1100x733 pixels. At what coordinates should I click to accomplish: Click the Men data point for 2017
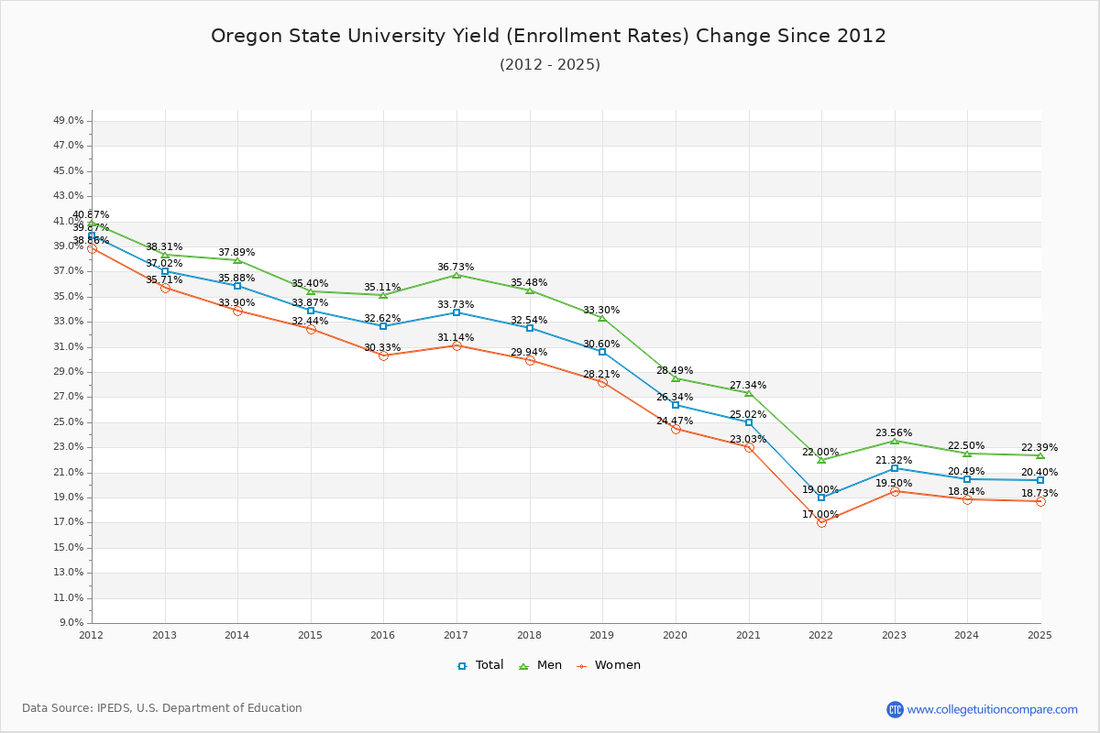[456, 275]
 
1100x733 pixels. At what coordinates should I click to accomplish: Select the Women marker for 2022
[821, 522]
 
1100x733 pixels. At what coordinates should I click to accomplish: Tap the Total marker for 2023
[895, 468]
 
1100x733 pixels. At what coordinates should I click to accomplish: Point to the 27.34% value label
[748, 386]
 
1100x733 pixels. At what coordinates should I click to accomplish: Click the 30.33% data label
[382, 348]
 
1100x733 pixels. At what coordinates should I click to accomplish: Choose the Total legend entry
[481, 665]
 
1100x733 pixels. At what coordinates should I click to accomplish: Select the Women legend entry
[609, 665]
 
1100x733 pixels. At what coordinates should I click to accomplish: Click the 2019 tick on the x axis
[602, 635]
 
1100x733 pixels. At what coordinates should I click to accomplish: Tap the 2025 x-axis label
[1039, 635]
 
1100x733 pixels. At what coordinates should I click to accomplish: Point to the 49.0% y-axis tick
[70, 121]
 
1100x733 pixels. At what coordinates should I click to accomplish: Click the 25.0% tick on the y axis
[70, 422]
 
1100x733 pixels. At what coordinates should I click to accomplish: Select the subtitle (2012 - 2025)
[550, 65]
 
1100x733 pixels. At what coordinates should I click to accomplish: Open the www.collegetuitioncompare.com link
[993, 709]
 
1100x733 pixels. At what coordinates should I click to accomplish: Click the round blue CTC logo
[895, 709]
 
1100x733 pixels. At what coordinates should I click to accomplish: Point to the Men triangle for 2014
[237, 260]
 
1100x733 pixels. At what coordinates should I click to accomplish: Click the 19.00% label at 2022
[820, 490]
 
